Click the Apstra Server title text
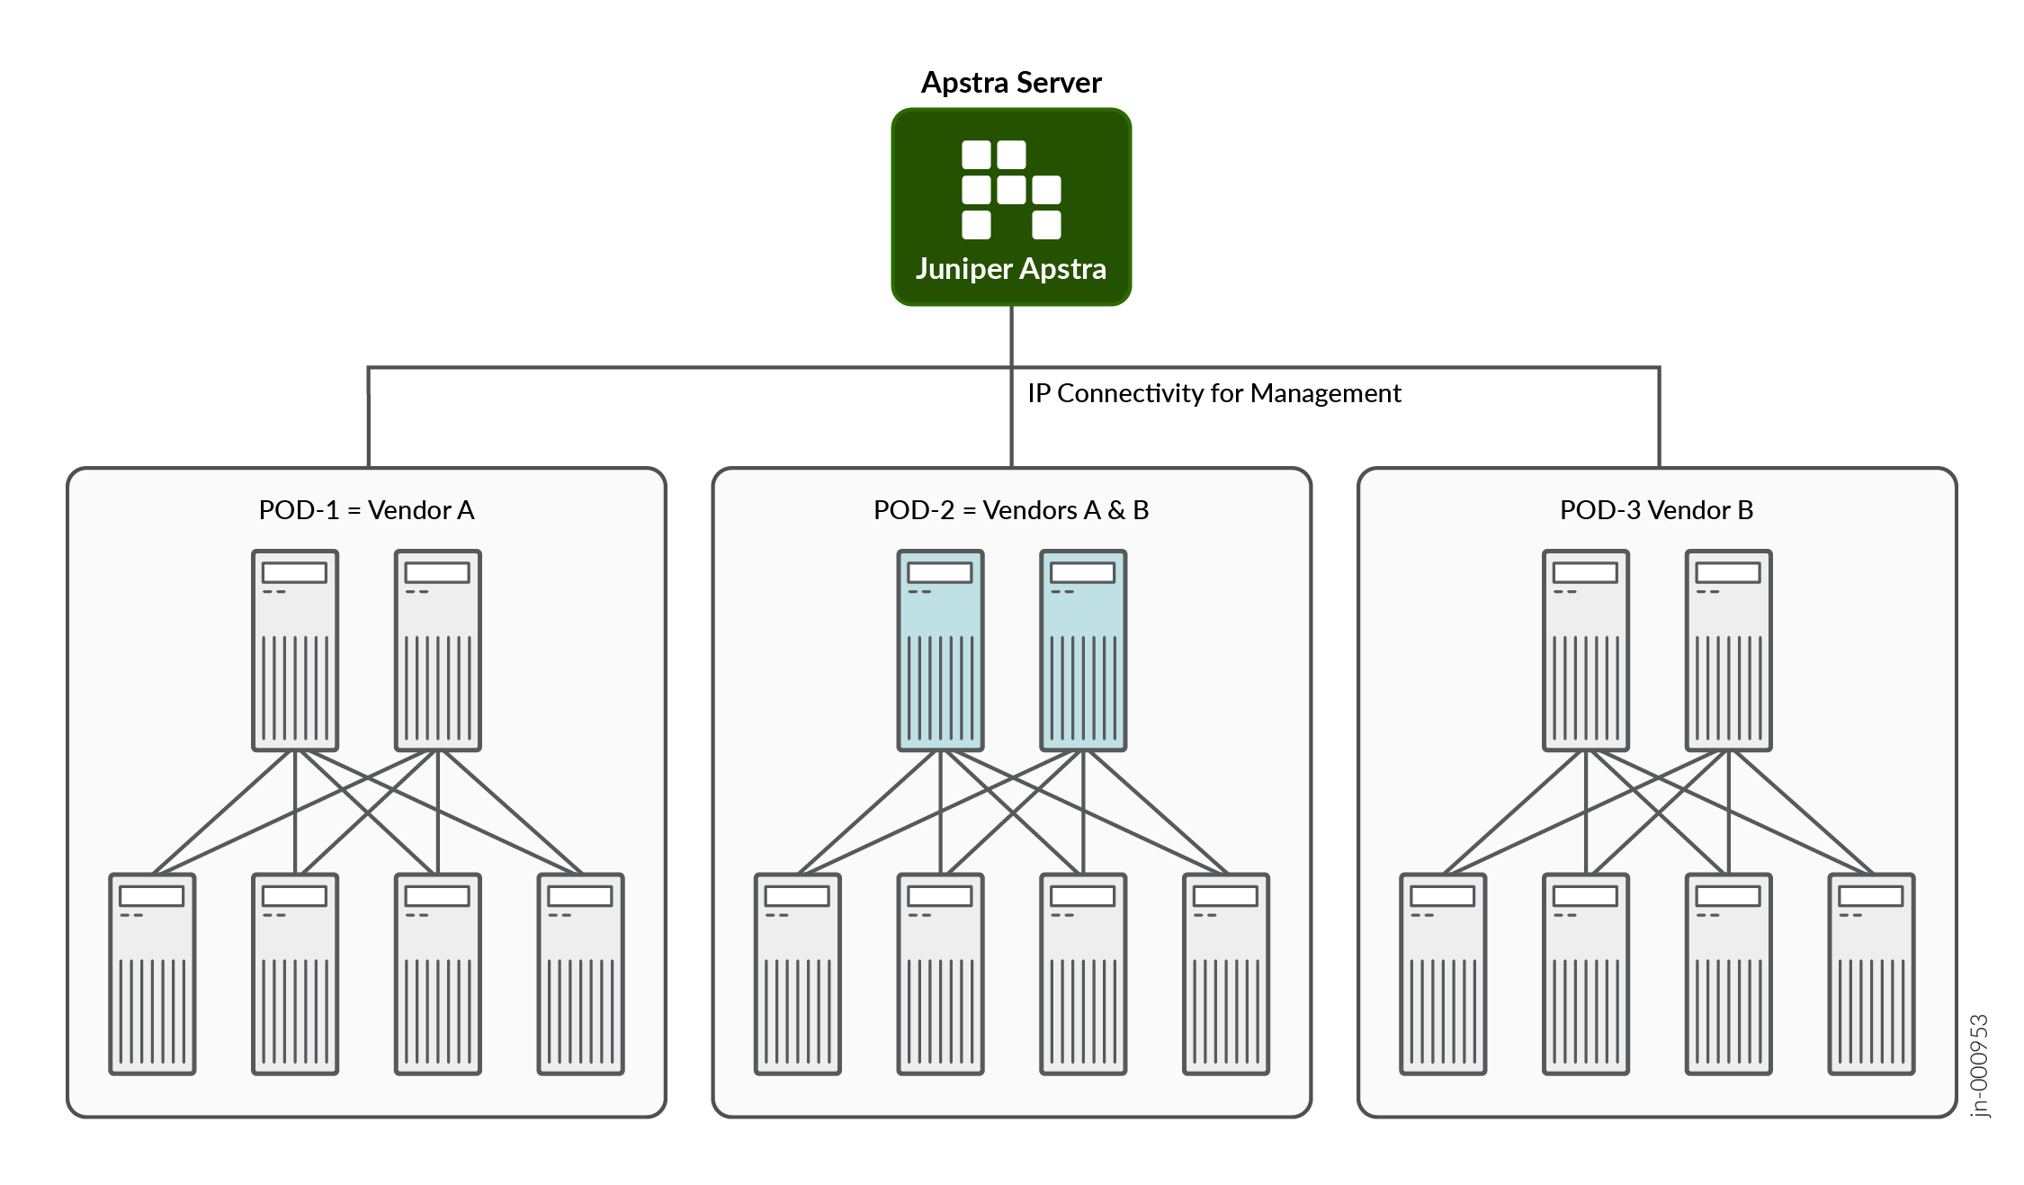tap(1011, 83)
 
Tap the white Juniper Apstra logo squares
tap(1011, 190)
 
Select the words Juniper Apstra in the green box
tap(1011, 269)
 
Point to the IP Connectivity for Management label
tap(1214, 393)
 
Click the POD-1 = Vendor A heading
tap(366, 510)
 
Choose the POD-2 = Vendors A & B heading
tap(1011, 510)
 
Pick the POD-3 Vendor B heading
tap(1656, 510)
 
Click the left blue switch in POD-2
tap(940, 651)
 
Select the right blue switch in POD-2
tap(1083, 651)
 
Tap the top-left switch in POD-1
tap(295, 651)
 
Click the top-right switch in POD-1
tap(438, 651)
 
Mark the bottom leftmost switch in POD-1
tap(152, 974)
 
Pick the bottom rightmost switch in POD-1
tap(580, 974)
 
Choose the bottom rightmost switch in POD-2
tap(1226, 974)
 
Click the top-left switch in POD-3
tap(1586, 651)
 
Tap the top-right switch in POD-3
tap(1728, 651)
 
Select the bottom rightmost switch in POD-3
tap(1871, 974)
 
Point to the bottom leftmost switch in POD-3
tap(1443, 974)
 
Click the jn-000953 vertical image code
tap(1979, 1066)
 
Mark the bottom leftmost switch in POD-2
tap(798, 974)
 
